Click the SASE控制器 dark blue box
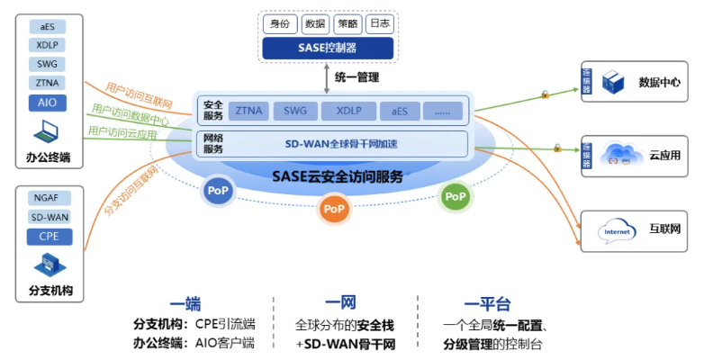pos(328,48)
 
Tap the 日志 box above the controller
pos(379,23)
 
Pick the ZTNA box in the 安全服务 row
pos(248,111)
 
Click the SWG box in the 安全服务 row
pos(294,111)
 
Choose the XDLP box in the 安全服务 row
pos(348,111)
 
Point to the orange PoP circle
pos(334,209)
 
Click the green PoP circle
pos(456,196)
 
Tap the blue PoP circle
pos(218,191)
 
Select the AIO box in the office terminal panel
pos(48,103)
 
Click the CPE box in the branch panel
pos(49,237)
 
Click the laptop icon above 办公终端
pos(46,133)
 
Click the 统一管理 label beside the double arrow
pos(357,77)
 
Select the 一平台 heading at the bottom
pos(488,304)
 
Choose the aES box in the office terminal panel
pos(48,27)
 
